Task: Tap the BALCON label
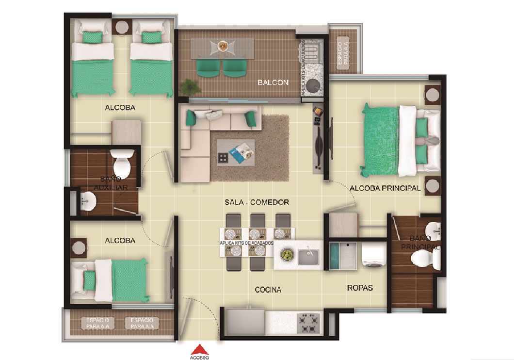(273, 82)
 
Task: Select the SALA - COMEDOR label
(257, 202)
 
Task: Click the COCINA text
(268, 290)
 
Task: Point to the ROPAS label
(360, 288)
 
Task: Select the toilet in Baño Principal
(424, 258)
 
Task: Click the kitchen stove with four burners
(308, 323)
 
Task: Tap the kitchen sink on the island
(308, 256)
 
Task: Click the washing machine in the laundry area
(372, 256)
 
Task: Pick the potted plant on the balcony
(190, 87)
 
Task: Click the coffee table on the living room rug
(235, 153)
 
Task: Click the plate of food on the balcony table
(223, 45)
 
